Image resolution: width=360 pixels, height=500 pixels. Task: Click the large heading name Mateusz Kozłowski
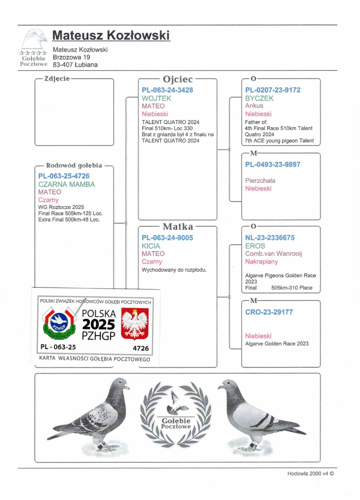[111, 35]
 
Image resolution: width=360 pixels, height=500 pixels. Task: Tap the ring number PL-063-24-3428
[167, 90]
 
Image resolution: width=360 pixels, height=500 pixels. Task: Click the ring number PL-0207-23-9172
[273, 90]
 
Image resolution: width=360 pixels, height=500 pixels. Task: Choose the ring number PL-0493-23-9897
[273, 164]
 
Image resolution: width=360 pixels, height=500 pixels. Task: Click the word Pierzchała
[260, 181]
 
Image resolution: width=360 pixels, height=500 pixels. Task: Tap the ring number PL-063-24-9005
[167, 238]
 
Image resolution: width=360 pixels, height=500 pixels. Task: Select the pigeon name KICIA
[151, 246]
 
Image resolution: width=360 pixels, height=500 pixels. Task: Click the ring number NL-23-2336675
[270, 238]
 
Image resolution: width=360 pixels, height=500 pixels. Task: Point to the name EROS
[255, 246]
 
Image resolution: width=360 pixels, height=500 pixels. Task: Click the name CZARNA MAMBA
[67, 184]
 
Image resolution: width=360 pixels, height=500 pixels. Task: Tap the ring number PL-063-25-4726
[64, 176]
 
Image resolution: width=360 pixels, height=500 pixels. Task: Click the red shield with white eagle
[135, 323]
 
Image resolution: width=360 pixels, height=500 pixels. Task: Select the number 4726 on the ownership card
[140, 348]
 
